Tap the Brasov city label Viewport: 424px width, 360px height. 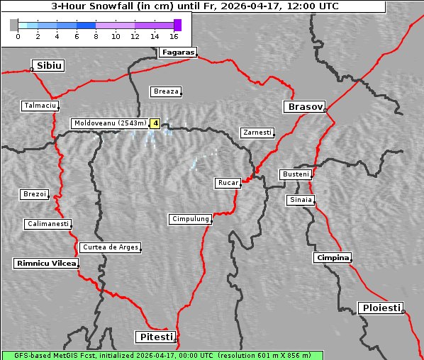tap(304, 107)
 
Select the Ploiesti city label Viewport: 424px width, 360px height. tap(381, 308)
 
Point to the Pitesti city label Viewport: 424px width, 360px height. tap(155, 337)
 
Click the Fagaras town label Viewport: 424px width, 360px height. tap(177, 52)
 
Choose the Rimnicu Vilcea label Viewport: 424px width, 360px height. tap(45, 263)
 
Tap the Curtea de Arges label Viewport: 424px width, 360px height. tap(110, 247)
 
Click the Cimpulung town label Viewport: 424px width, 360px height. tap(190, 219)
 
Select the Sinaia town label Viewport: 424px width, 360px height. tap(301, 200)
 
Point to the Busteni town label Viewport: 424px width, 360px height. tap(295, 174)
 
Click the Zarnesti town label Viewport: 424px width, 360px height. tap(257, 133)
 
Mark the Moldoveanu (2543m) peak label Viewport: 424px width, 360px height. tap(110, 123)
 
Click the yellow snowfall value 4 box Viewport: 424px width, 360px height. tap(155, 123)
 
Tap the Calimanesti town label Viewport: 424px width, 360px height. tap(48, 224)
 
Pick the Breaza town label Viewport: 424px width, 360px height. tap(167, 91)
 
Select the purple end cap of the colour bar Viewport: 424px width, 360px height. tap(177, 25)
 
